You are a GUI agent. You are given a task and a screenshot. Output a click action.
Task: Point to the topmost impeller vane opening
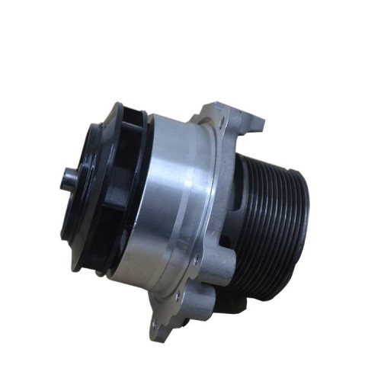click(136, 114)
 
